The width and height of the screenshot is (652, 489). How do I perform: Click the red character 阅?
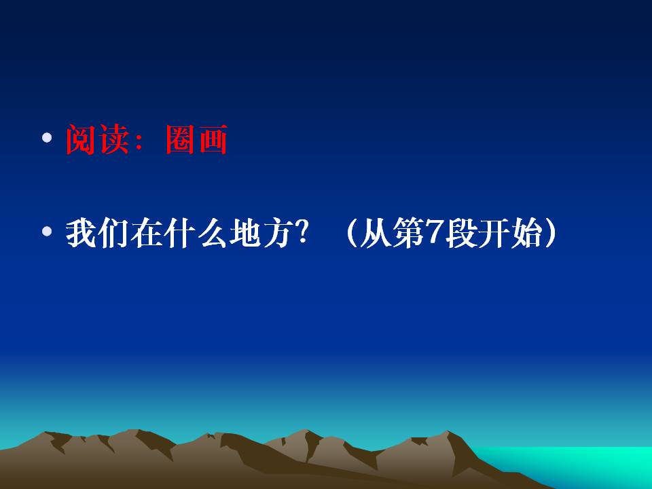pyautogui.click(x=81, y=140)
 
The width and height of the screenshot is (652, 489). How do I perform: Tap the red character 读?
pyautogui.click(x=113, y=140)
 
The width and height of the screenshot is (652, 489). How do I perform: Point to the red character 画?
pyautogui.click(x=213, y=140)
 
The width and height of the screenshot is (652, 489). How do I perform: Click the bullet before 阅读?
pyautogui.click(x=47, y=138)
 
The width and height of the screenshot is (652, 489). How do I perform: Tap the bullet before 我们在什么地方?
pyautogui.click(x=47, y=231)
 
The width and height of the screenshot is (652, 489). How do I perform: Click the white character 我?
pyautogui.click(x=81, y=233)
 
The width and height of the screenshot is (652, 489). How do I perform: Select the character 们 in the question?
pyautogui.click(x=113, y=233)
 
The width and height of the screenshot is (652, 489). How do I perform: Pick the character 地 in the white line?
pyautogui.click(x=244, y=233)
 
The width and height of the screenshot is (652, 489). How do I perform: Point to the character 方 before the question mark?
pyautogui.click(x=276, y=233)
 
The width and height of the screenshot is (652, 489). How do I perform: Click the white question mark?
pyautogui.click(x=302, y=232)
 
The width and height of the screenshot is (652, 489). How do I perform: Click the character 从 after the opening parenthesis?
pyautogui.click(x=375, y=233)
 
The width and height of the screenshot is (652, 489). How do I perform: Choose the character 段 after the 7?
pyautogui.click(x=460, y=233)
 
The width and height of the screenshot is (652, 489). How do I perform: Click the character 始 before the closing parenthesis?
pyautogui.click(x=526, y=233)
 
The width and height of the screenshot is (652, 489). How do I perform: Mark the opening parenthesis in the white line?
pyautogui.click(x=351, y=233)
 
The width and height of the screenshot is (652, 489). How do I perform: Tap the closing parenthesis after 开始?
pyautogui.click(x=550, y=233)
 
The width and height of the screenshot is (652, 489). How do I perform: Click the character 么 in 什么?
pyautogui.click(x=212, y=233)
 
